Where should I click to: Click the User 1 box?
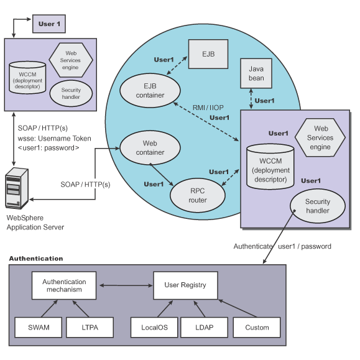49,24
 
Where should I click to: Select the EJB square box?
208,54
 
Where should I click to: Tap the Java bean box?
256,73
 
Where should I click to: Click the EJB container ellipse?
150,90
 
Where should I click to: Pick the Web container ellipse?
150,147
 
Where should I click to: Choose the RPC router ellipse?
198,195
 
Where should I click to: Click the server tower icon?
17,188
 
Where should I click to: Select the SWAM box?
39,328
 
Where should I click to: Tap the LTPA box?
90,328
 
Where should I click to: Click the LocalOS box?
154,328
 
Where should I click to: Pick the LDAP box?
205,328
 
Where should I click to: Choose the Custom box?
257,328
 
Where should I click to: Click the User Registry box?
185,285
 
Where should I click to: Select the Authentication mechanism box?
64,285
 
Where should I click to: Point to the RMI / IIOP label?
208,108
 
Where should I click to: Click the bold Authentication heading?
36,259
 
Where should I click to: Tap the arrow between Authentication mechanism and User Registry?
126,285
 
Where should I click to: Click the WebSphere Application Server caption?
35,223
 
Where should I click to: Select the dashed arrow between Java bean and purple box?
251,99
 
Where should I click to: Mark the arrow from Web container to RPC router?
162,175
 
